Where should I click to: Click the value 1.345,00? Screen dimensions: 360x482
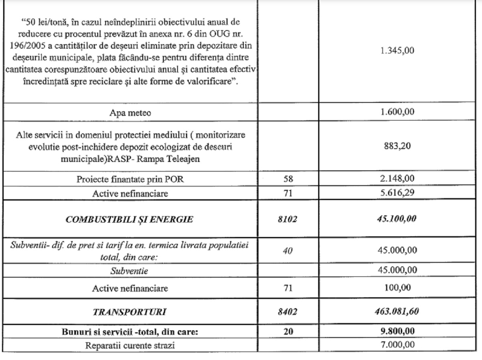[x=399, y=51]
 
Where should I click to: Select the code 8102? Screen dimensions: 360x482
[x=288, y=219]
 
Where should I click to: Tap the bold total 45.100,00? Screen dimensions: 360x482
[x=399, y=219]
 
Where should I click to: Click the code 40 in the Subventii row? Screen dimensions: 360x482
[x=288, y=251]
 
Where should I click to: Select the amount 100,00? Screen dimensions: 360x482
[x=399, y=288]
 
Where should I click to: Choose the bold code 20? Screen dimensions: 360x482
[x=288, y=333]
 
